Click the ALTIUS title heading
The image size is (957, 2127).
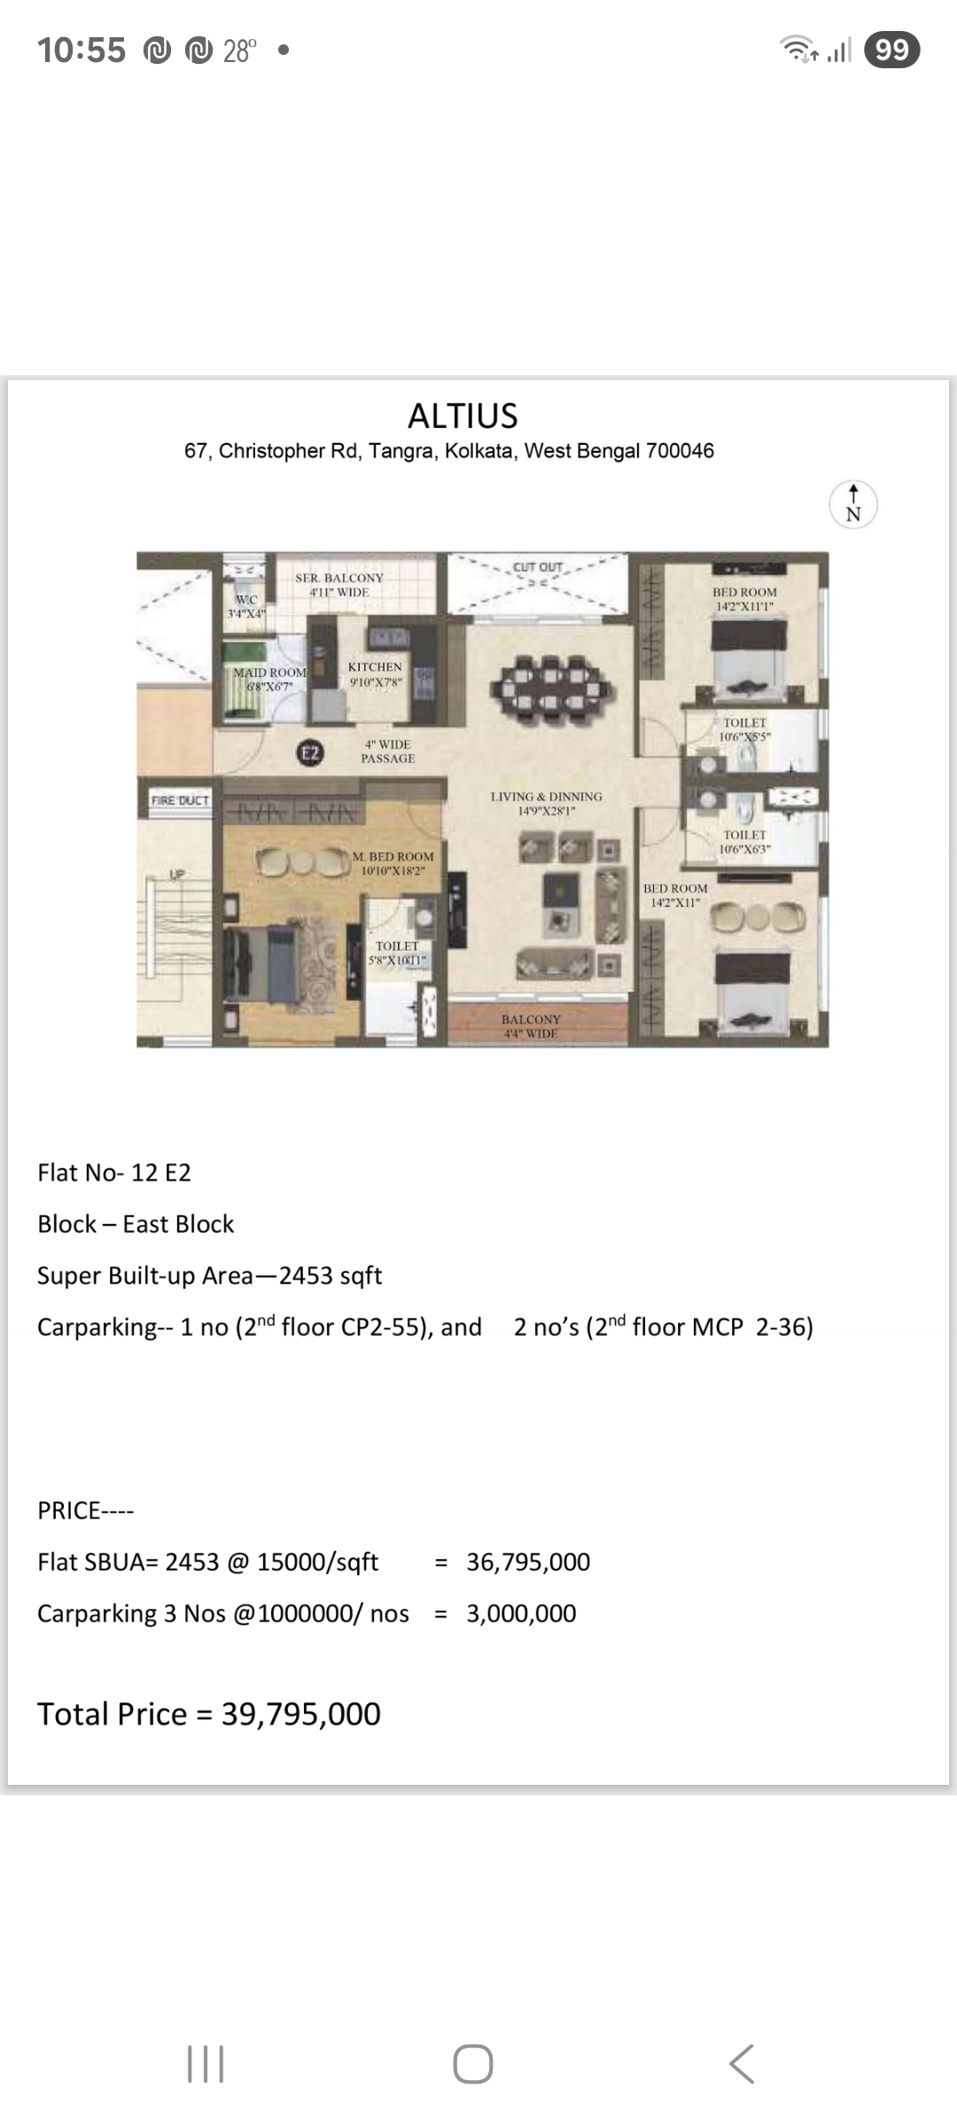pos(463,416)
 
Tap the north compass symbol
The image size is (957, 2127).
pos(853,505)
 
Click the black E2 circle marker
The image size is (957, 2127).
pos(309,753)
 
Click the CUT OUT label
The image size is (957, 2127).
pos(538,567)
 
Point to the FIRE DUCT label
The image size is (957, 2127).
pos(180,800)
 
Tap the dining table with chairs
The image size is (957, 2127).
pos(549,682)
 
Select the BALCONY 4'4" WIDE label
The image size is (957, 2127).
pos(531,1026)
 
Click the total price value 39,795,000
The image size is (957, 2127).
pos(301,1714)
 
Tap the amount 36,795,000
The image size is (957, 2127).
pos(528,1562)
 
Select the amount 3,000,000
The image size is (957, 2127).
pos(521,1613)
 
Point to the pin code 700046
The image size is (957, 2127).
pos(680,450)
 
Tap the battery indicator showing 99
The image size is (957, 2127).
pos(891,50)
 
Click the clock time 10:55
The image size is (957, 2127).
pos(82,51)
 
